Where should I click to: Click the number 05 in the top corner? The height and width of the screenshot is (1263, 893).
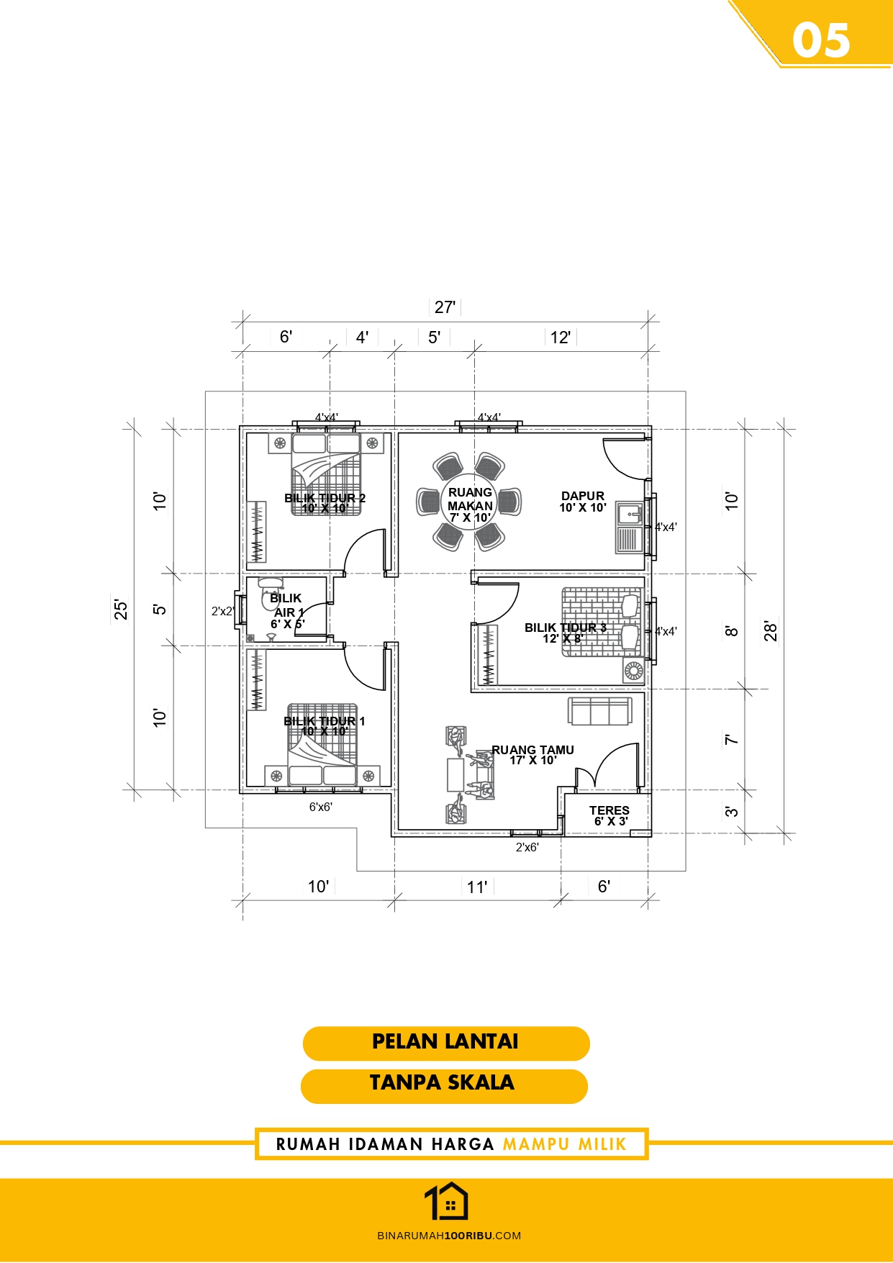tap(821, 40)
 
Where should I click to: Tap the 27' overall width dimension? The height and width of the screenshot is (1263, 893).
tap(445, 307)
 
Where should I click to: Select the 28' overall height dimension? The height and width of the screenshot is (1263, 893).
tap(771, 630)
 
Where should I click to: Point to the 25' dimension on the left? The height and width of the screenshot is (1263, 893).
tap(121, 609)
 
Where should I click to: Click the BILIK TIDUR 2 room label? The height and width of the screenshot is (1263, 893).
tap(325, 498)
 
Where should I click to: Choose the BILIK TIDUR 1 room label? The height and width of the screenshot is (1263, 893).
tap(325, 721)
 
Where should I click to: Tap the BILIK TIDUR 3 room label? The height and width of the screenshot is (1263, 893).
tap(566, 628)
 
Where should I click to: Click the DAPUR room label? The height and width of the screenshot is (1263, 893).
tap(583, 496)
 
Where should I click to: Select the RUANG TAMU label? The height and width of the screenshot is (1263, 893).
tap(533, 750)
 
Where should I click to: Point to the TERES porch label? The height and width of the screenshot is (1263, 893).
tap(609, 810)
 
